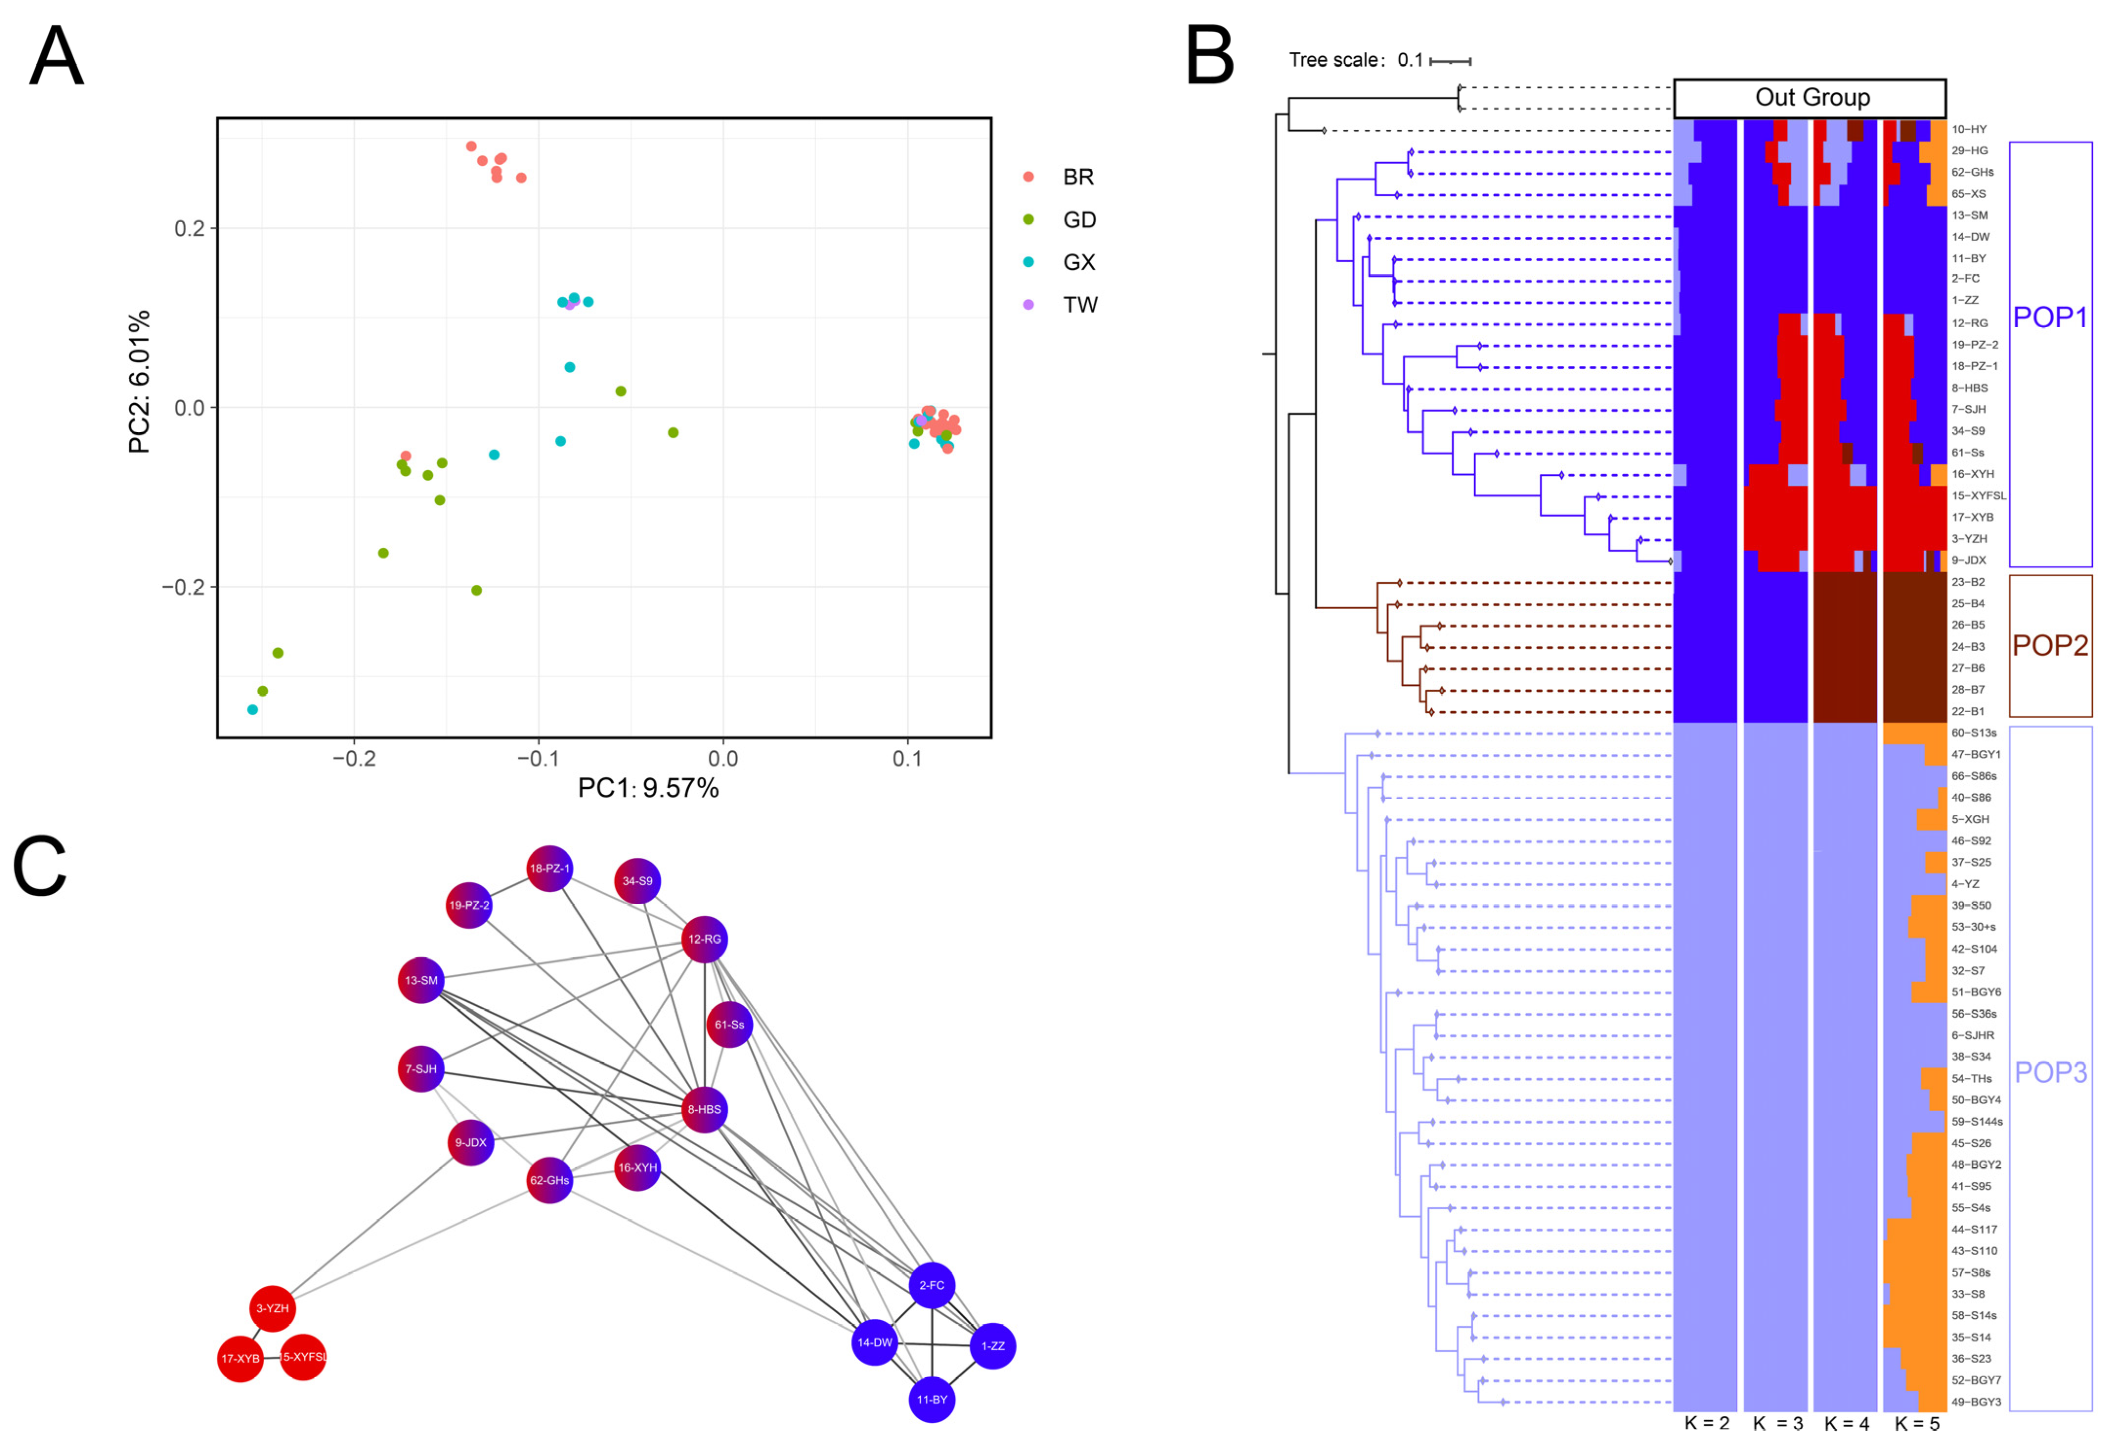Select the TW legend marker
[x=1029, y=305]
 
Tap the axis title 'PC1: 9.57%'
[x=648, y=788]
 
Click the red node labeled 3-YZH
[x=272, y=1308]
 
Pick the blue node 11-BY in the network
[x=932, y=1400]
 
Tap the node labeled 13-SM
[x=421, y=981]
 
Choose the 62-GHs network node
[x=550, y=1180]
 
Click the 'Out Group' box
[x=1810, y=98]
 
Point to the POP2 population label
[x=2050, y=646]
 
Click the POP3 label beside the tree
[x=2050, y=1072]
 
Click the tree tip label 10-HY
[x=1969, y=129]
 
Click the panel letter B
[x=1209, y=57]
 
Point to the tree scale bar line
[x=1450, y=61]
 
